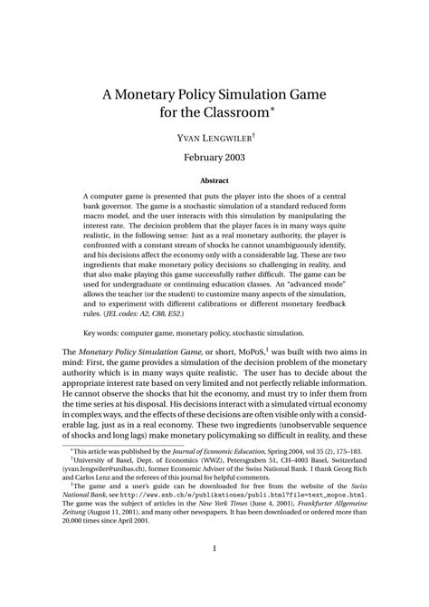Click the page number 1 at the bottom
pos(214,574)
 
